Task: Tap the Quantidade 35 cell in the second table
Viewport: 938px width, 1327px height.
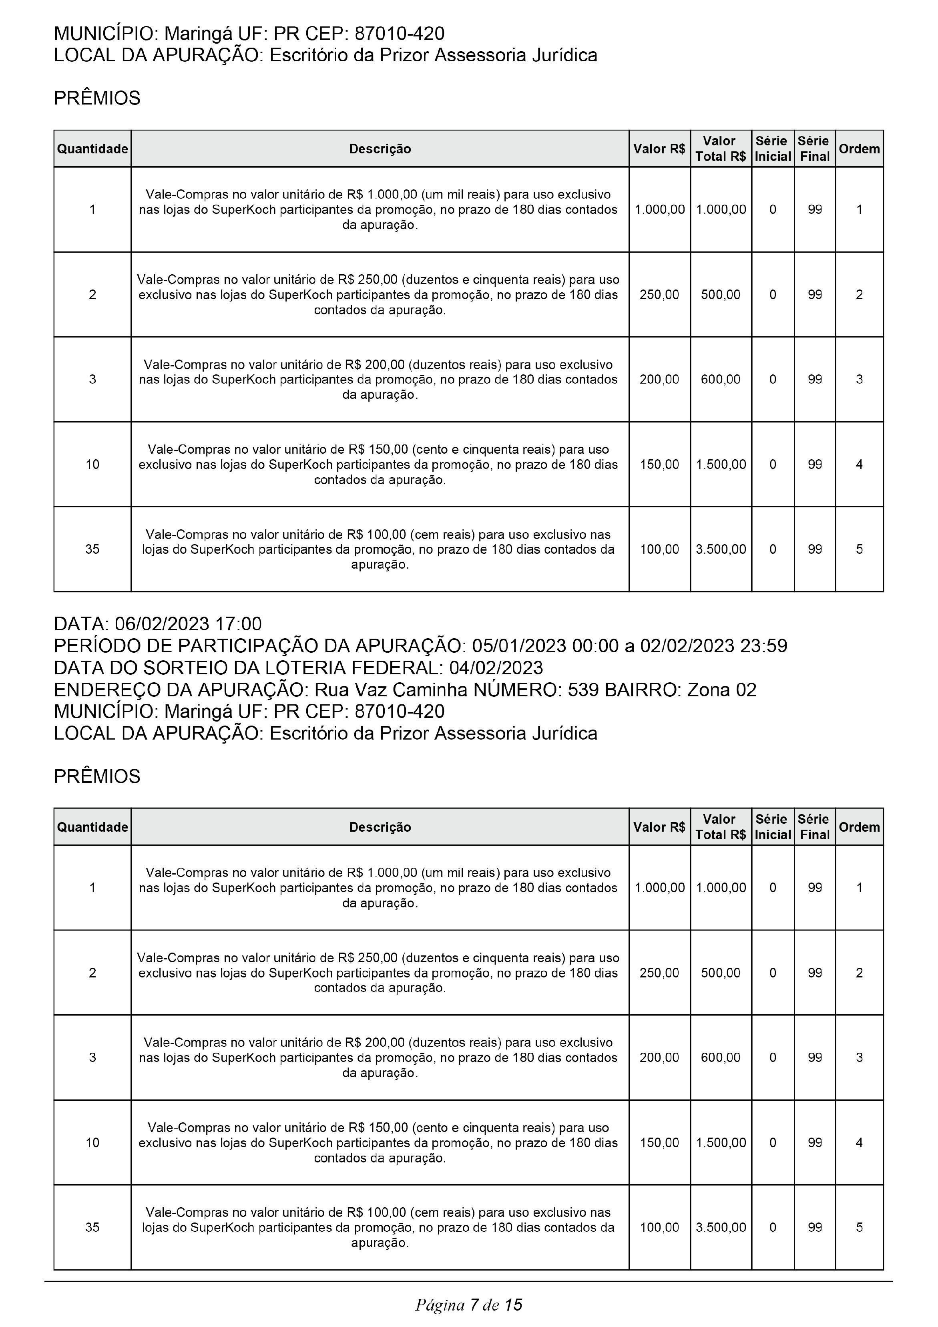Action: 92,1227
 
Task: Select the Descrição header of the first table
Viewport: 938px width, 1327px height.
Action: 380,149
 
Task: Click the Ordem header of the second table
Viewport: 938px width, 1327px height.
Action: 859,827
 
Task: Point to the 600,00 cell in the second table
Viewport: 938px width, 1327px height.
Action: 721,1058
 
